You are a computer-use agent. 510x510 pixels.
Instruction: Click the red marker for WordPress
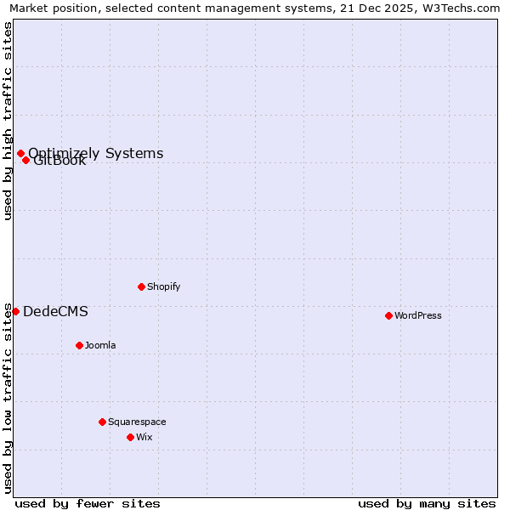point(388,315)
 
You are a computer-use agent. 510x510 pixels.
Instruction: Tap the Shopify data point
point(141,286)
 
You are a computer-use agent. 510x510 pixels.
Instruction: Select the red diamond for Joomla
point(79,345)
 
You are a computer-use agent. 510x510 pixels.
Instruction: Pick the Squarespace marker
point(102,422)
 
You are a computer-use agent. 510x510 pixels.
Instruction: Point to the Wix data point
point(130,437)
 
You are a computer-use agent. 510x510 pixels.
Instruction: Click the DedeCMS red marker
point(15,311)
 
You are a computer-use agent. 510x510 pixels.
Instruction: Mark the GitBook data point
point(25,160)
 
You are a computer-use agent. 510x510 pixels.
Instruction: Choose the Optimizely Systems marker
point(20,153)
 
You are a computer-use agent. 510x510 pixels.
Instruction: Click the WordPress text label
point(418,315)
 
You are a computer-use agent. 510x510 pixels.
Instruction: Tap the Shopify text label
point(164,286)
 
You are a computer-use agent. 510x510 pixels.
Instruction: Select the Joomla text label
point(100,345)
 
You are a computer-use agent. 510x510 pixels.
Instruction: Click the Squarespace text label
point(137,422)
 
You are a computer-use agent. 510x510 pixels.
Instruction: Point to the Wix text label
point(144,437)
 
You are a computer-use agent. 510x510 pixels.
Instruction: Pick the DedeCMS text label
point(55,311)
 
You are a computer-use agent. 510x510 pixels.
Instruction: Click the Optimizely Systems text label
point(96,153)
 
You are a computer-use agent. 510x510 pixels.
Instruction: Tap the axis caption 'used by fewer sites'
point(88,503)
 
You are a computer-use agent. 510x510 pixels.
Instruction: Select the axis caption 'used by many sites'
point(427,503)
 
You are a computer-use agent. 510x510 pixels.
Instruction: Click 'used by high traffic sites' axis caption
point(8,121)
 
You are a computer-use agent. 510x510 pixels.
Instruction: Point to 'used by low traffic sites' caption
point(8,398)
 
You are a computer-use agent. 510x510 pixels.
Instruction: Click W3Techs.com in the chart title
point(459,8)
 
